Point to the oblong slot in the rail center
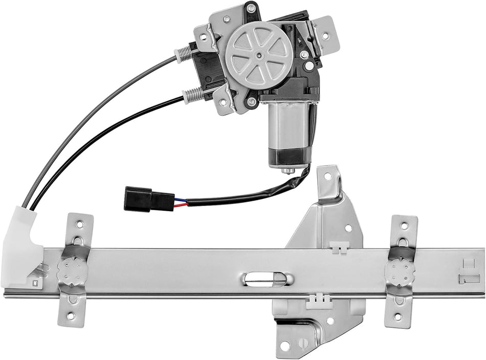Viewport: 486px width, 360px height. tap(267, 279)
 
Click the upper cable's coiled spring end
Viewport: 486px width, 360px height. tap(186, 53)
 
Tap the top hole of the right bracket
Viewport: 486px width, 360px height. tap(404, 226)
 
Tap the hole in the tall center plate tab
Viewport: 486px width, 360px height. tap(327, 177)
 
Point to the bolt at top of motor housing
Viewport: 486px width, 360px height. tap(251, 8)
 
